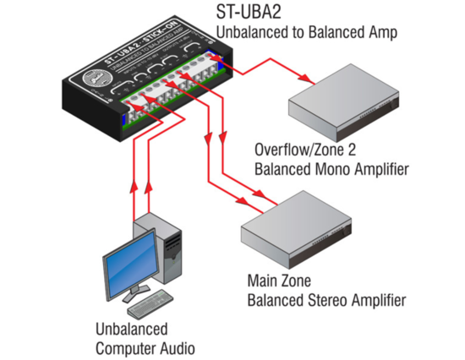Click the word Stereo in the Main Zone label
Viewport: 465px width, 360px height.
tap(325, 300)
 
